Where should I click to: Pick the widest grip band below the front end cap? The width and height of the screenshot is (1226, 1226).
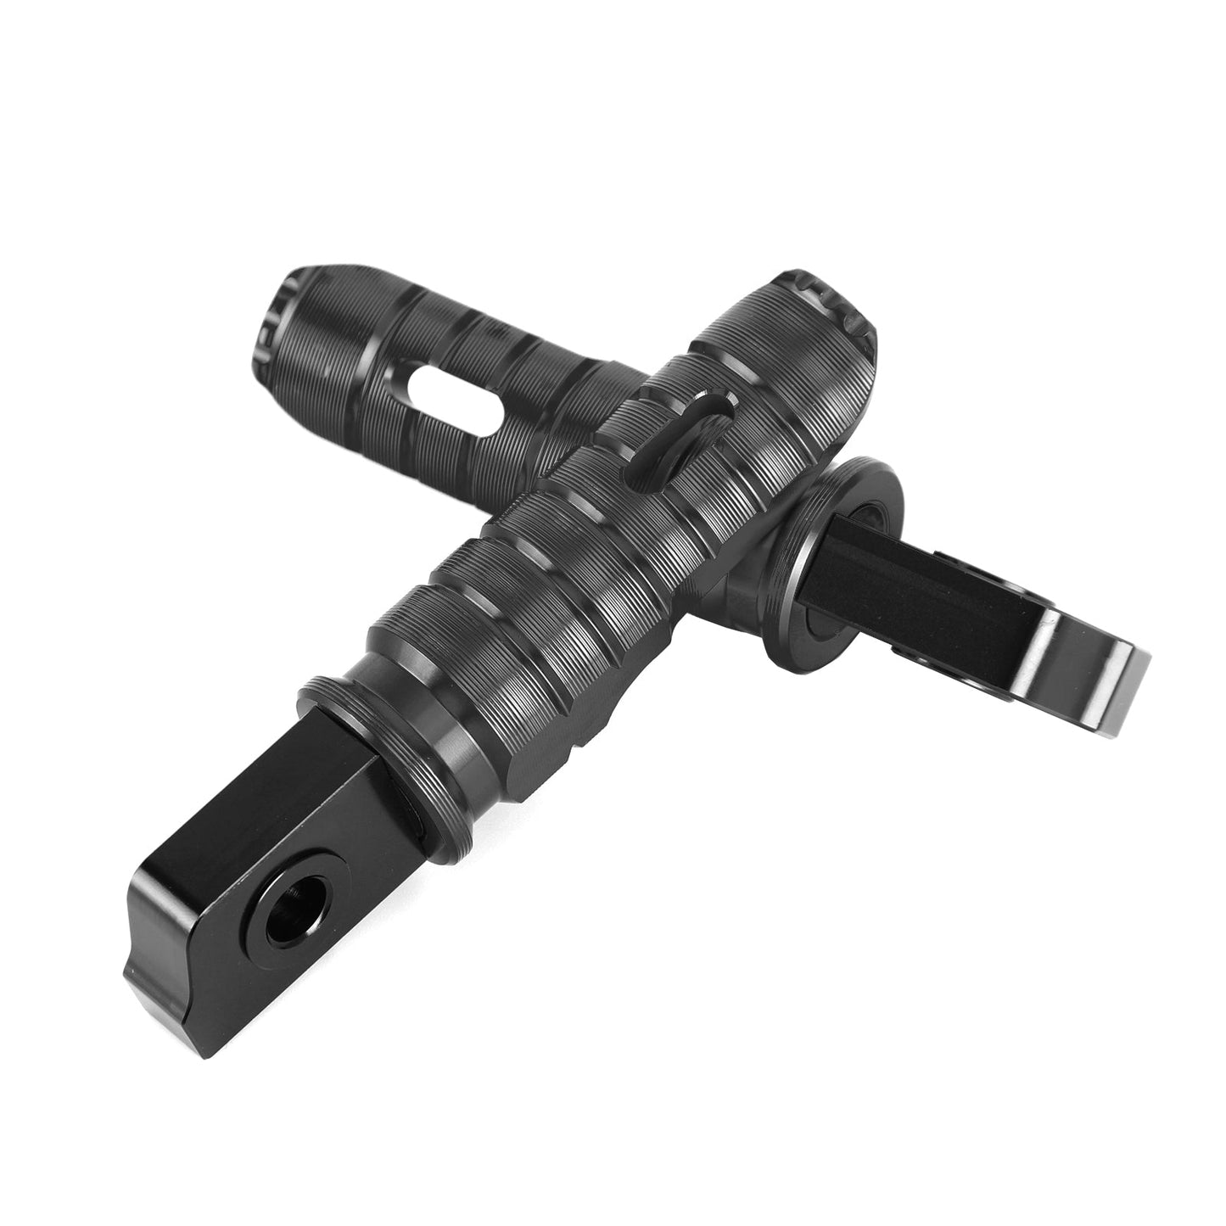(x=764, y=348)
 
